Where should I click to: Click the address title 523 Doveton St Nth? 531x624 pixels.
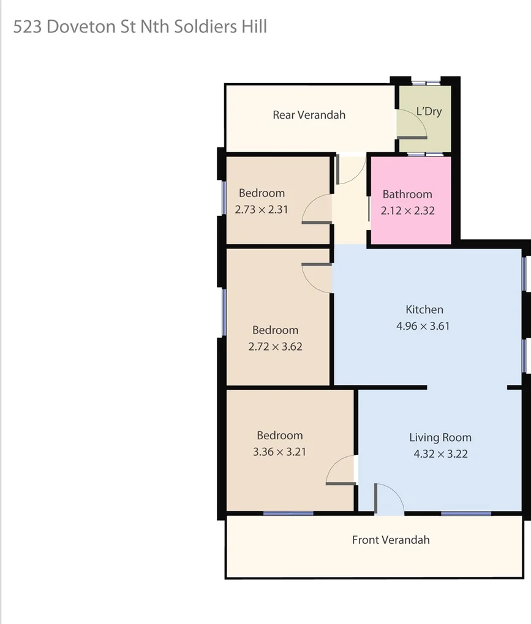coord(140,27)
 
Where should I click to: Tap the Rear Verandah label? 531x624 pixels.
coord(309,114)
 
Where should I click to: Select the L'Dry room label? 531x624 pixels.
coord(429,111)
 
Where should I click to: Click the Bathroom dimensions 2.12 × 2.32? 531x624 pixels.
coord(407,210)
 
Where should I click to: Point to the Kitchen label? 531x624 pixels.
coord(424,310)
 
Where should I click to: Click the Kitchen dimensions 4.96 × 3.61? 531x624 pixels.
coord(423,326)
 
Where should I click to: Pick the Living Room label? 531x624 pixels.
coord(440,437)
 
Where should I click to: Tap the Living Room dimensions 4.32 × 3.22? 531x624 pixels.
coord(440,454)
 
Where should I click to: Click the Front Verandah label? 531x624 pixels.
coord(391,540)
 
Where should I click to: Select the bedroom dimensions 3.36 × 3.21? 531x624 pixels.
coord(279,452)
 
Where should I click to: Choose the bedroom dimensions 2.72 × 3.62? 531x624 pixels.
coord(275,346)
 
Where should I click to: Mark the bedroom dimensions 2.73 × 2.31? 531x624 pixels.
coord(262,209)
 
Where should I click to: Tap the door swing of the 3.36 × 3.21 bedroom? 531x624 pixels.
coord(340,472)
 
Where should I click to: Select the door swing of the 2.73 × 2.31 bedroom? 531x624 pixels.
coord(317,210)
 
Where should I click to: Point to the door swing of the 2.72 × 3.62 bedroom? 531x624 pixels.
coord(317,278)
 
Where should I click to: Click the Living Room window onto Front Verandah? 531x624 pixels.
coord(465,513)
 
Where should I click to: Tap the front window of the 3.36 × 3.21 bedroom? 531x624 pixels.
coord(288,513)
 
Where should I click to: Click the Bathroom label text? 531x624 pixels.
coord(407,195)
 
